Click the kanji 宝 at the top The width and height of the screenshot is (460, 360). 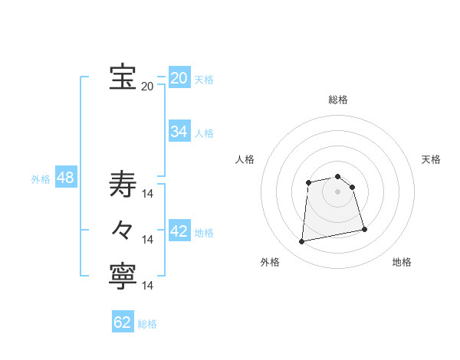pyautogui.click(x=123, y=77)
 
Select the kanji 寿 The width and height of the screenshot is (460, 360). pyautogui.click(x=123, y=185)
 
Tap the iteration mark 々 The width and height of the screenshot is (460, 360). pyautogui.click(x=123, y=229)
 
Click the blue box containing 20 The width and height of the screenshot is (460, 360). pyautogui.click(x=179, y=78)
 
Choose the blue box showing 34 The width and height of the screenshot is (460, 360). pyautogui.click(x=179, y=132)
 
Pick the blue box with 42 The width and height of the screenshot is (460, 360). pyautogui.click(x=179, y=231)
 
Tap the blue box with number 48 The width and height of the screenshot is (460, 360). pyautogui.click(x=65, y=178)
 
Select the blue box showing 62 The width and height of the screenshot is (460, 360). pyautogui.click(x=123, y=322)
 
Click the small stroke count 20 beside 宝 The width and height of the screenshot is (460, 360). pyautogui.click(x=147, y=87)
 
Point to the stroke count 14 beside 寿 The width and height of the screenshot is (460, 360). pyautogui.click(x=149, y=194)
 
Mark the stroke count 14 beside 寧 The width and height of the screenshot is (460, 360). pyautogui.click(x=149, y=286)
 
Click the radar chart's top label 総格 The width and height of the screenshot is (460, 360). pyautogui.click(x=338, y=100)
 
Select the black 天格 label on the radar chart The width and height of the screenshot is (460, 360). pyautogui.click(x=431, y=159)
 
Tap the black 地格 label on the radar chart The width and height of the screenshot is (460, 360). pyautogui.click(x=402, y=262)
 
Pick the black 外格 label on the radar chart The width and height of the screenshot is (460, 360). pyautogui.click(x=270, y=262)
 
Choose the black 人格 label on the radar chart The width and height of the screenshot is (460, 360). pyautogui.click(x=245, y=159)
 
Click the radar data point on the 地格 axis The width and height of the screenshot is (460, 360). pyautogui.click(x=364, y=229)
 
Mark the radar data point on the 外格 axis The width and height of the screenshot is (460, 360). pyautogui.click(x=302, y=242)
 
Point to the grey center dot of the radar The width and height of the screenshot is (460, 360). pyautogui.click(x=338, y=191)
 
